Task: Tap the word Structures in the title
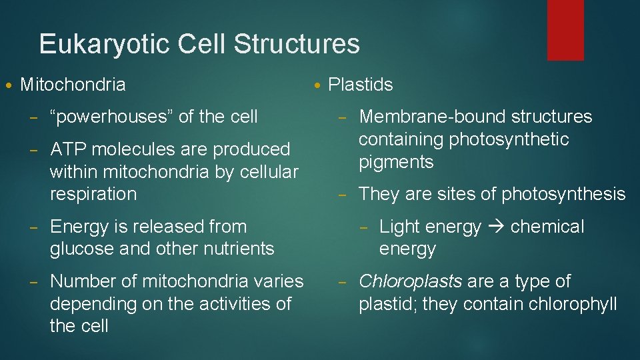[x=297, y=45]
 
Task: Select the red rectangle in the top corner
[x=565, y=30]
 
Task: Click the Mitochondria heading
[x=73, y=85]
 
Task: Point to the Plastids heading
[x=361, y=85]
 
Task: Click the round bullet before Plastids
[x=318, y=85]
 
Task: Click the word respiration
[x=93, y=195]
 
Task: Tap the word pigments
[x=396, y=162]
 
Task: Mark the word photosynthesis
[x=563, y=195]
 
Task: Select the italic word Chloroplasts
[x=410, y=281]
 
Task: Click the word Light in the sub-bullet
[x=397, y=227]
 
